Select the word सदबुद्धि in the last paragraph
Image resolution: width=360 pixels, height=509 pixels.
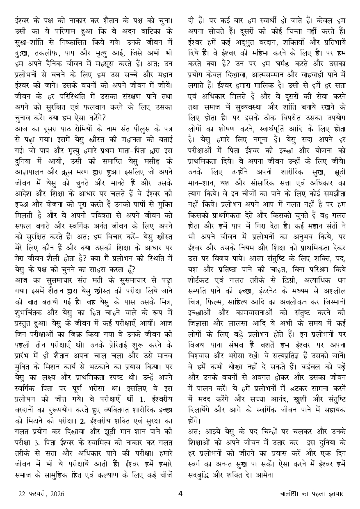[205, 475]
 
